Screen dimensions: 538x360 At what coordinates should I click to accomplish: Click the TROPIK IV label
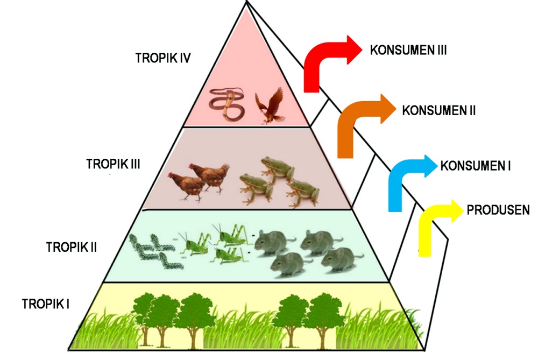(x=163, y=58)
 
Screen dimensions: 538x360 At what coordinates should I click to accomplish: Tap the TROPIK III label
(x=113, y=164)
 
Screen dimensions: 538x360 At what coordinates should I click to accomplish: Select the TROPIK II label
(x=72, y=247)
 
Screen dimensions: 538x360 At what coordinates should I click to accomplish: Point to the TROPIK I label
(x=46, y=303)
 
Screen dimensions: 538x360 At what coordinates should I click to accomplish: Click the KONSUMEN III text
(x=408, y=50)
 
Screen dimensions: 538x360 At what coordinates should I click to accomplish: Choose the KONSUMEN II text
(x=439, y=110)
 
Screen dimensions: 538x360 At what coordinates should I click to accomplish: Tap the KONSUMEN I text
(x=475, y=166)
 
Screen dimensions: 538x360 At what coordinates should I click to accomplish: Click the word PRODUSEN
(x=498, y=210)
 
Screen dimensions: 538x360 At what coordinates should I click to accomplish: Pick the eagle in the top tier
(x=270, y=105)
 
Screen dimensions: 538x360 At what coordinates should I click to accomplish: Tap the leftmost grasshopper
(x=194, y=244)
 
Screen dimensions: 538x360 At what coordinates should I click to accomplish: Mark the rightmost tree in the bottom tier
(x=322, y=317)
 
